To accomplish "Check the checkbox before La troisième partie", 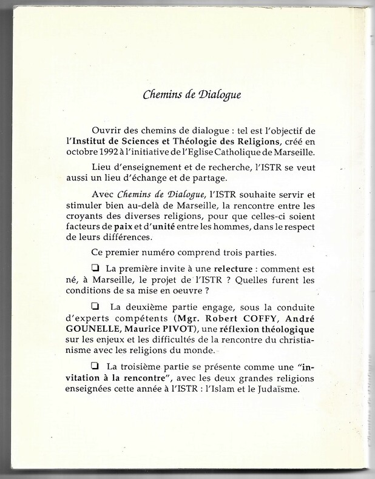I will click(x=95, y=366).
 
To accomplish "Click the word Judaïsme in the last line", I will click(x=277, y=389).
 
